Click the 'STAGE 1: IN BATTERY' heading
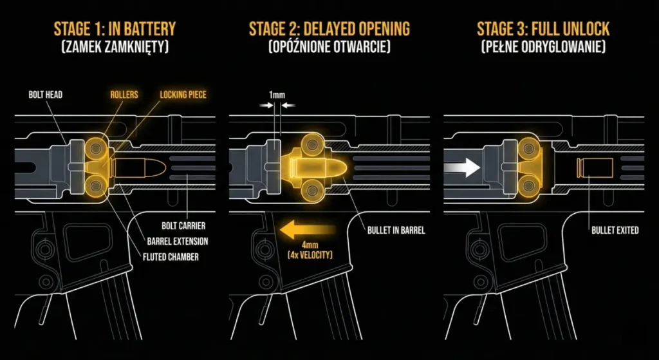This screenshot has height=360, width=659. [115, 30]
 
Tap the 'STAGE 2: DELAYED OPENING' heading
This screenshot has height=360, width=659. [329, 30]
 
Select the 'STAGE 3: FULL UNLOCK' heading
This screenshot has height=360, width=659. [543, 30]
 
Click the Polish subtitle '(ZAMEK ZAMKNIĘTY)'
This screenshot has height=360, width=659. [115, 46]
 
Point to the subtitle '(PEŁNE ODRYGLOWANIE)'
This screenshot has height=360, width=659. [543, 46]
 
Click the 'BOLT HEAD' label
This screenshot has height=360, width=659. [46, 95]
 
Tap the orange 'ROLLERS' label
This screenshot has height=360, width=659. [124, 95]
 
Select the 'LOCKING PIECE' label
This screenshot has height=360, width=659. [183, 95]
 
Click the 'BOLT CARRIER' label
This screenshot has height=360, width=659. [183, 226]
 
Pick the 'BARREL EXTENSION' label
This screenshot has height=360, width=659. [178, 242]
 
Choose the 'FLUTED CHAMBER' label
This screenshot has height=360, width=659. [171, 256]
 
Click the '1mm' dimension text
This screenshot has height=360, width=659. [277, 95]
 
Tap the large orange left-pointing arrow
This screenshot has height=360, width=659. [308, 231]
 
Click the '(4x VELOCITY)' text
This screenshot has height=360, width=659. [310, 254]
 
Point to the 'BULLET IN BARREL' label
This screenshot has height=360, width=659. [396, 231]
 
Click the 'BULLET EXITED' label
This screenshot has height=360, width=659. [615, 231]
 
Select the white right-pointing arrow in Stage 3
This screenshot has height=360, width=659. [462, 168]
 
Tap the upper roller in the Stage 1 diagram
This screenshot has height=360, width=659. [97, 147]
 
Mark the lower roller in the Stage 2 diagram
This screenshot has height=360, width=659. [312, 190]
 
